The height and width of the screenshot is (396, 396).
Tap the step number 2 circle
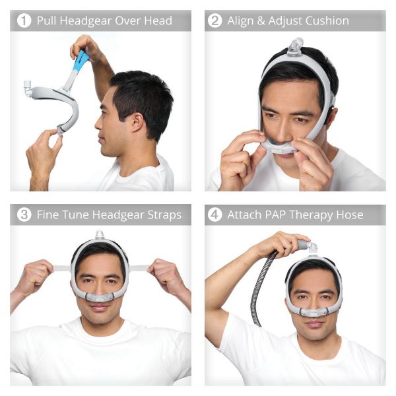click(x=215, y=20)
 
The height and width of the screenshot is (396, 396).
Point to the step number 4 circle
click(x=215, y=214)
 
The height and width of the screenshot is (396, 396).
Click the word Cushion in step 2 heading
click(x=325, y=20)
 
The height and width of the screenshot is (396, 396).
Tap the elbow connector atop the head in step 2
click(x=296, y=46)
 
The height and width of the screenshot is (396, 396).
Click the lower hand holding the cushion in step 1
click(x=43, y=155)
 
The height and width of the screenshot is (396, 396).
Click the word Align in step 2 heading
click(x=241, y=20)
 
